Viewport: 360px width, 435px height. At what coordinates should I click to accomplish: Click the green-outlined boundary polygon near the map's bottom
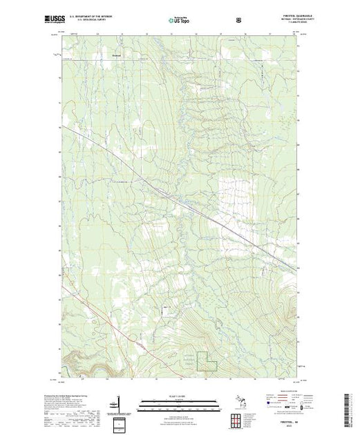(x=207, y=364)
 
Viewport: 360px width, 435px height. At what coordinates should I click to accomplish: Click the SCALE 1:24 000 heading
(x=180, y=396)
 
